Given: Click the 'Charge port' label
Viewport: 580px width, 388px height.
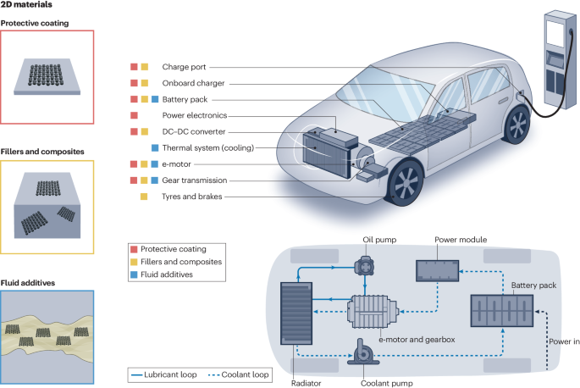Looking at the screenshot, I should (184, 66).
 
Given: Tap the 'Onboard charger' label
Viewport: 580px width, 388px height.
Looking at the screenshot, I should (196, 82).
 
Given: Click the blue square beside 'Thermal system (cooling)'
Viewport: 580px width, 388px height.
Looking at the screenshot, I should (155, 147).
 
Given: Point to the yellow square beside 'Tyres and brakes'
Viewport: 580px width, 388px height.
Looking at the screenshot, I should (144, 197).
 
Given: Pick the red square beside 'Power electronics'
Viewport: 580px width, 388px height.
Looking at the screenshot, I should (133, 115).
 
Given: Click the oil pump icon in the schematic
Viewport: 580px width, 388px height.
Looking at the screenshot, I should (365, 266).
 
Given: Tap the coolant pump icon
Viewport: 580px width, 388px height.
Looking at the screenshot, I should (361, 349).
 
